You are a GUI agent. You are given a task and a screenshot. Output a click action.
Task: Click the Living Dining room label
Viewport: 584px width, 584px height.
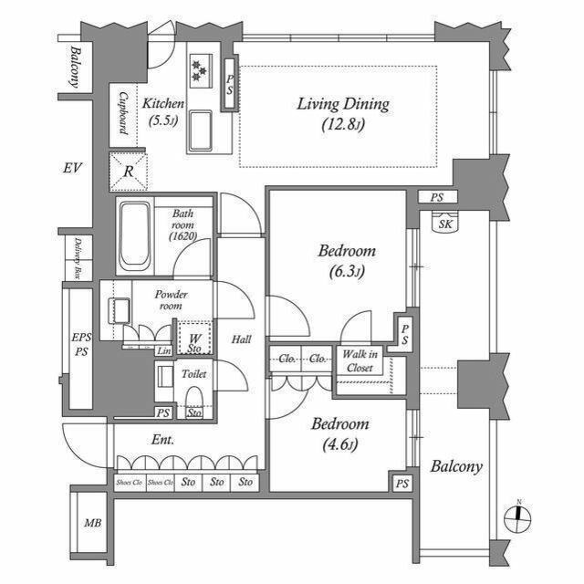point(343,113)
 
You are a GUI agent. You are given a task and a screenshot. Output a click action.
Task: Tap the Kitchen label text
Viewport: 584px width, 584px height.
point(164,112)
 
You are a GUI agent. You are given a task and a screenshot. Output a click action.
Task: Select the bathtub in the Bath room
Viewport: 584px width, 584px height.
point(134,235)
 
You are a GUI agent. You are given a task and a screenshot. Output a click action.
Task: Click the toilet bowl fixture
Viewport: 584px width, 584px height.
point(193,398)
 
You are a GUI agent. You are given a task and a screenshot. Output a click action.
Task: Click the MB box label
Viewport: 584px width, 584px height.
point(93,523)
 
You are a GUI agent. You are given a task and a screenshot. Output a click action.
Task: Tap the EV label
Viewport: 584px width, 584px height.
point(73,169)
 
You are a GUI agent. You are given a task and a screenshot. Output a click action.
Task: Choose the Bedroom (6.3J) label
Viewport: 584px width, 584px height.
point(347,260)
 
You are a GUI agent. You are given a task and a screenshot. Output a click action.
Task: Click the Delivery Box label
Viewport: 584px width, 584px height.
point(78,258)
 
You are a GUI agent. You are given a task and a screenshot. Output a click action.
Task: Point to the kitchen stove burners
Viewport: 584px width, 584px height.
point(200,68)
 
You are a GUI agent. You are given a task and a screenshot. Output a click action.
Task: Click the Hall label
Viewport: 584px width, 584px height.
point(241,339)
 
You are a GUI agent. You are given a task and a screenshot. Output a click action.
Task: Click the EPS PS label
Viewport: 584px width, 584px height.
point(81,344)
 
